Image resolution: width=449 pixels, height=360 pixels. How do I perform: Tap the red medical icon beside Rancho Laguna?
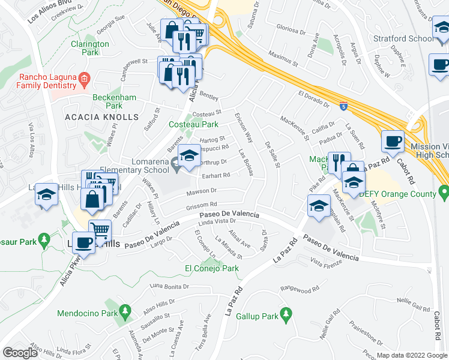(85, 77)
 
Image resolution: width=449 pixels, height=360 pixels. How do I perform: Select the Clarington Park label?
(90, 48)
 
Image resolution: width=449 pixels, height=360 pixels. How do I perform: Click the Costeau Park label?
(201, 124)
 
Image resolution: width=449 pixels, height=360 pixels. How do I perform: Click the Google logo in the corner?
(20, 352)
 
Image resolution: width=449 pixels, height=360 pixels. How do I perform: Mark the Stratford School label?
(402, 38)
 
